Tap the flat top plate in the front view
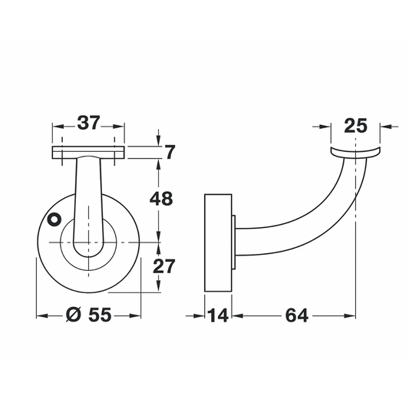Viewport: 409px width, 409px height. click(x=88, y=152)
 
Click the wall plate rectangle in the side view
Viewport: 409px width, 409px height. click(x=217, y=244)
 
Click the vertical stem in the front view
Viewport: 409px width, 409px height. click(x=88, y=200)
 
